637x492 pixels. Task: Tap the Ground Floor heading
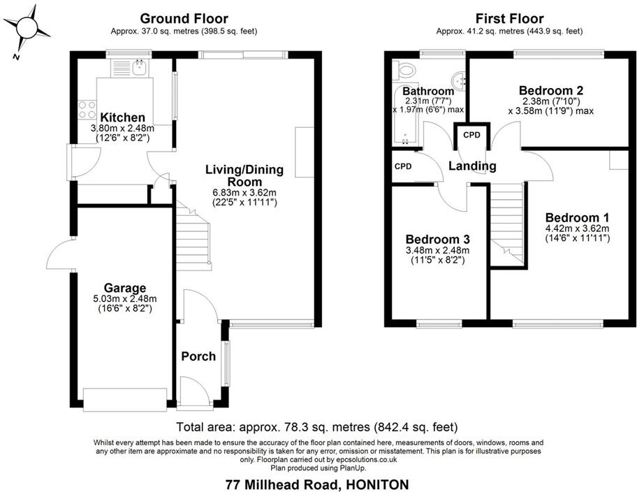pos(184,18)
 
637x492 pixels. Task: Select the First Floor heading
pos(509,18)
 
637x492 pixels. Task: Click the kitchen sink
pos(140,68)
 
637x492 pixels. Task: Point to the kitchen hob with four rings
pos(87,110)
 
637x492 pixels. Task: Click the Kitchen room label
pos(122,117)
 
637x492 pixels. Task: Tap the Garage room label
pos(125,287)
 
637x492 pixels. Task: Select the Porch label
pos(198,356)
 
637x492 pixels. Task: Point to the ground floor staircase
pos(194,238)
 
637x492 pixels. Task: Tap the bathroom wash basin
pos(457,78)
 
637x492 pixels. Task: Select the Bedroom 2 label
pos(550,90)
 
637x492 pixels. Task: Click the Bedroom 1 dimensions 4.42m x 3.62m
pos(577,228)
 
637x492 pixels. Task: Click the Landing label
pos(472,166)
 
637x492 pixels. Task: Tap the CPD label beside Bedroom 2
pos(472,135)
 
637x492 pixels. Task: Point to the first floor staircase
pos(508,224)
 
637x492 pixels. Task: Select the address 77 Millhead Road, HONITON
pos(317,484)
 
